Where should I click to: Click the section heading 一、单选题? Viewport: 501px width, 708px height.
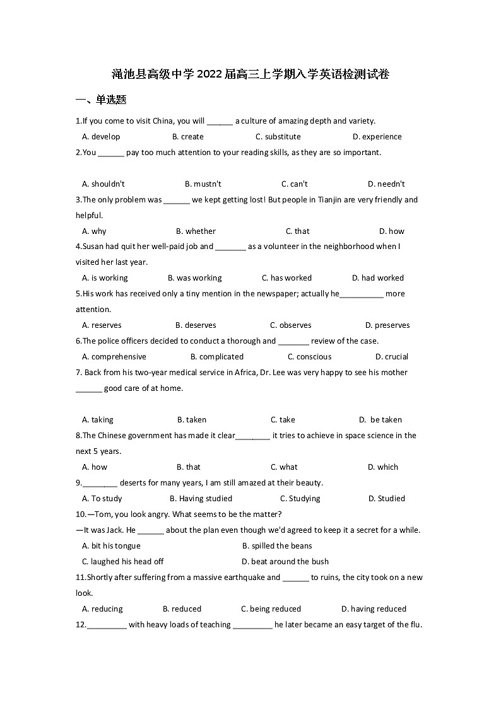coord(101,100)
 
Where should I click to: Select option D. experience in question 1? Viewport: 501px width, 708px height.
coord(377,137)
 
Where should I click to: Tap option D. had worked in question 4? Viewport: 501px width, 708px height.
coord(377,278)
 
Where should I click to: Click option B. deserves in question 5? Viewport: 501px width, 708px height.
coord(196,325)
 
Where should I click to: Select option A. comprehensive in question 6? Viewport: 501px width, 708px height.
coord(114,357)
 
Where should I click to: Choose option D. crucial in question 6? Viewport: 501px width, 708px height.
coord(391,357)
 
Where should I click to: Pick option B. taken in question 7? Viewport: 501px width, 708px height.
coord(191,420)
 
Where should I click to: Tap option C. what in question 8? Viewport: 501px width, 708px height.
coord(284,467)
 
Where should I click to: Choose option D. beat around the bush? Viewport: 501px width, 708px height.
coord(285,562)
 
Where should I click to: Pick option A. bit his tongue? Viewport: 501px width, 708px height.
coord(111,546)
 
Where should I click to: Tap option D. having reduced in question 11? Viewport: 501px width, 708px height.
coord(374,609)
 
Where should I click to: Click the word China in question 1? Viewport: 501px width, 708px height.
coord(163,121)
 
